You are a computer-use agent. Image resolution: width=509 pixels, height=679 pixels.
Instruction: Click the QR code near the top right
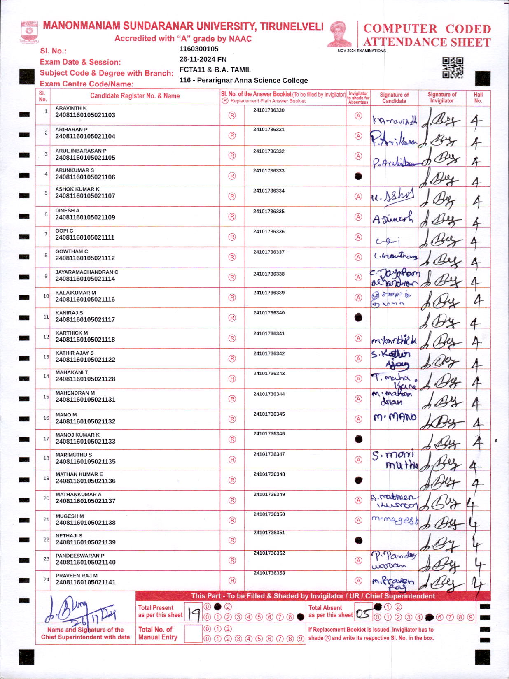453,68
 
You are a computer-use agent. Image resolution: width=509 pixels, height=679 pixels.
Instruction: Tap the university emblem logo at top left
29,32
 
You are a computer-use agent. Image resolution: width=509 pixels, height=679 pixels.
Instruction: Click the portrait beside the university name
341,34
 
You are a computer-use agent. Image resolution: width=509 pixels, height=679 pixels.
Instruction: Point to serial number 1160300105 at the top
199,49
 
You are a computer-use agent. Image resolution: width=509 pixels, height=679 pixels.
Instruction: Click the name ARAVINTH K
71,108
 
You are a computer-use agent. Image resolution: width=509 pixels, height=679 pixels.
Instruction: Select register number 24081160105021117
85,319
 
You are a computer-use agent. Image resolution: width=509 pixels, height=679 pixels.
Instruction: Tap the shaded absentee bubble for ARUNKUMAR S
358,176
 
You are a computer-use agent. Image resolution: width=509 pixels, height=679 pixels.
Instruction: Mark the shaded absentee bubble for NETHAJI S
358,540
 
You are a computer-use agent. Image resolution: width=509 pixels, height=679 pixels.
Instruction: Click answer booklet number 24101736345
269,414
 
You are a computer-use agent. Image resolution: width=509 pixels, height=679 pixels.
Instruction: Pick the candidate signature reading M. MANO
395,418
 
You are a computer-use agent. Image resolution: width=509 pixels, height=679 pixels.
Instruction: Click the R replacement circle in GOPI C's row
232,237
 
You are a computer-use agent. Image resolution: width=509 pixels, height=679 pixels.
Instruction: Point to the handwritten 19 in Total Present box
193,614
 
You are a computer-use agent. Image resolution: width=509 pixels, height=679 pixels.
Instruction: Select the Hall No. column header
478,98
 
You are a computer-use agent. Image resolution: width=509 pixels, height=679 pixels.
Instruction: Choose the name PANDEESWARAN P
80,556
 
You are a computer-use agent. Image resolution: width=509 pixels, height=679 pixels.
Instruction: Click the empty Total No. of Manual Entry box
193,634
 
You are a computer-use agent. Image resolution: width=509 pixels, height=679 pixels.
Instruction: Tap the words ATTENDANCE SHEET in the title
427,42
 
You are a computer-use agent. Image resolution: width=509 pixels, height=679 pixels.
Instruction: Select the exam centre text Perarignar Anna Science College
252,80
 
